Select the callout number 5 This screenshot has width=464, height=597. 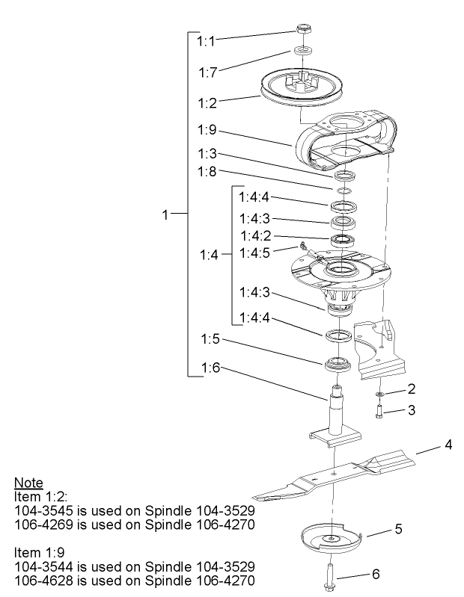pos(399,528)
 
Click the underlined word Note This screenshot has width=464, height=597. pos(28,483)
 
